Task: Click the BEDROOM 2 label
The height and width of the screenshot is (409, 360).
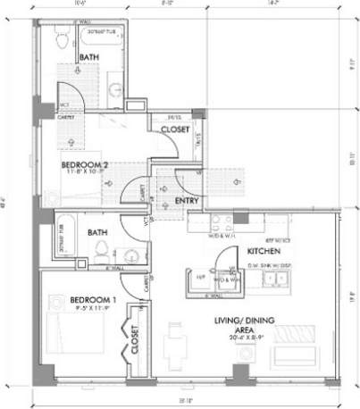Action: click(85, 165)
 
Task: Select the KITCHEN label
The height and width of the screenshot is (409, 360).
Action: click(265, 253)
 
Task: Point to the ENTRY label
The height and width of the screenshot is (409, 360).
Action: click(187, 200)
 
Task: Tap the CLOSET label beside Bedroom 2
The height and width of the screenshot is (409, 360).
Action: click(174, 129)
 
